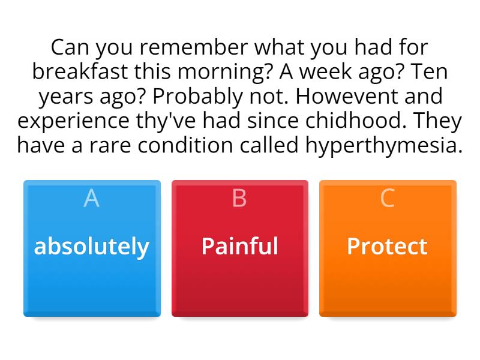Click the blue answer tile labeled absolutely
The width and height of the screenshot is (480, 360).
pos(92,248)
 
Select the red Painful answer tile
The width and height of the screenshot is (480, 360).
pos(240,248)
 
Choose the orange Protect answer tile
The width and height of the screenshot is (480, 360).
pos(388,248)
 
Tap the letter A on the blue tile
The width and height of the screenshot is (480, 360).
pos(92,198)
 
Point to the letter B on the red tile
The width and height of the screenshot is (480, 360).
pos(239,198)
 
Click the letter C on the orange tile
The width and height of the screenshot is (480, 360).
pos(387,198)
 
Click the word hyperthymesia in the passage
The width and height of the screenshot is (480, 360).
pos(384,145)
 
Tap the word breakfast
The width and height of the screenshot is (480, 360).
pos(80,71)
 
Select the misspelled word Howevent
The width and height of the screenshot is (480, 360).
pos(347,96)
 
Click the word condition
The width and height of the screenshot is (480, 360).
pos(185,145)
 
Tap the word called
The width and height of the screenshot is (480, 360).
pos(269,145)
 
